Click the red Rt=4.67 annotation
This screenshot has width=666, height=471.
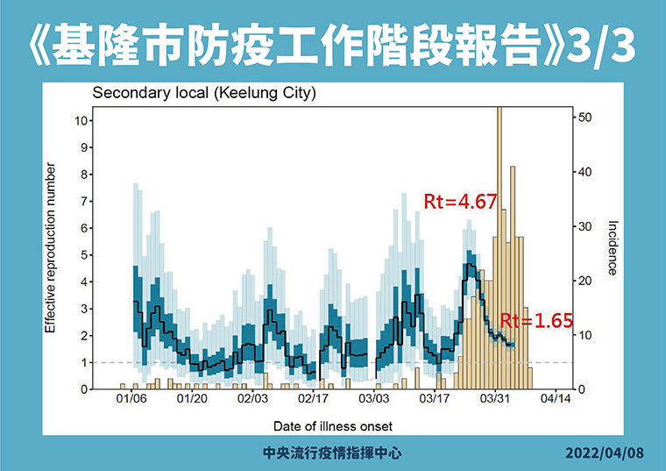click(460, 202)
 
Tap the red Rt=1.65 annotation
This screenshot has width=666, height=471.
click(535, 321)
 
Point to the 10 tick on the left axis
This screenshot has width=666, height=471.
click(81, 120)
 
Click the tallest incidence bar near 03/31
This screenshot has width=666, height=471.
click(499, 246)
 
